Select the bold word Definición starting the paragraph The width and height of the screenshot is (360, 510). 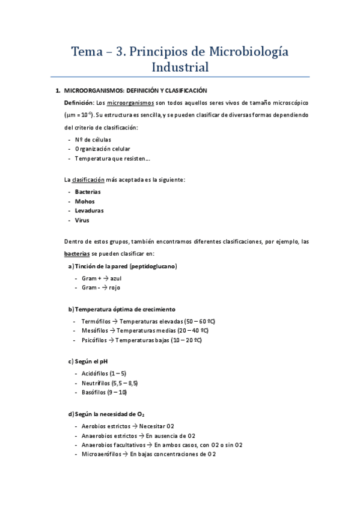pos(79,103)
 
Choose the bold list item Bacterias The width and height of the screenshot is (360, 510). pos(88,192)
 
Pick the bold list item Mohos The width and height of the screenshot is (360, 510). pos(85,201)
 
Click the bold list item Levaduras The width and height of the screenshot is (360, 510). pos(90,210)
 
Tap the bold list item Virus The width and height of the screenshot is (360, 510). pos(82,220)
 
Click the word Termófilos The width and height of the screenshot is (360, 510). pos(97,322)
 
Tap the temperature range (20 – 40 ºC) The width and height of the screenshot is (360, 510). pos(193,331)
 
